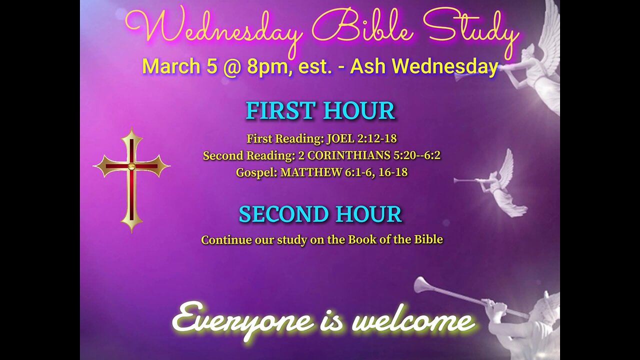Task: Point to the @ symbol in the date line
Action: [x=232, y=66]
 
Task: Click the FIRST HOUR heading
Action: [x=320, y=111]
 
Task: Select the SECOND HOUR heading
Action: [x=320, y=214]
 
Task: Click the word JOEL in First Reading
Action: [x=339, y=138]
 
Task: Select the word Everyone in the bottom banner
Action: [x=242, y=320]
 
